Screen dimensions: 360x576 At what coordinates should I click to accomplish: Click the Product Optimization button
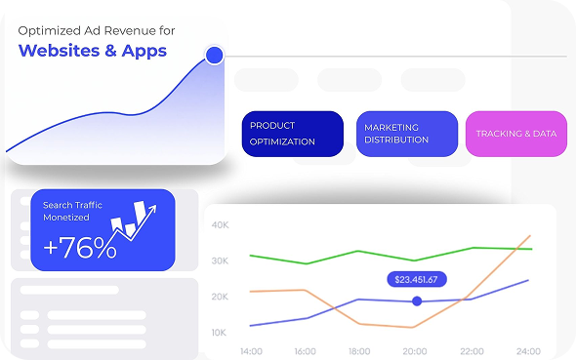(x=293, y=134)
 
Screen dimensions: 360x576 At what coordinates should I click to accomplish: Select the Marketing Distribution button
(x=407, y=134)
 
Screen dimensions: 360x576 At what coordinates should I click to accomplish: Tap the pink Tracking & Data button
(x=516, y=134)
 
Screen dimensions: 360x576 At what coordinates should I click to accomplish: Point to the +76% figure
(x=80, y=249)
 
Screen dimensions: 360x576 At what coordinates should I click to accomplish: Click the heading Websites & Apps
(x=93, y=51)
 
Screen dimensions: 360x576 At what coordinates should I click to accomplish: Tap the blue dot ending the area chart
(x=215, y=56)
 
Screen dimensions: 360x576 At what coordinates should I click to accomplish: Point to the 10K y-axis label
(x=219, y=332)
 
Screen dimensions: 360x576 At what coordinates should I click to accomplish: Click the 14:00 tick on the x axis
(x=250, y=350)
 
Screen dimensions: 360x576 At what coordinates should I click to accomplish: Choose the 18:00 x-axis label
(x=359, y=350)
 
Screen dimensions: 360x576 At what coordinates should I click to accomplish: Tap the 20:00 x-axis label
(x=415, y=350)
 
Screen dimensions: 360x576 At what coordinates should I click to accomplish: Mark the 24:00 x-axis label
(x=528, y=350)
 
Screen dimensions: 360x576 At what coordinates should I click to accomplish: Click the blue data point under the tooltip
(x=417, y=301)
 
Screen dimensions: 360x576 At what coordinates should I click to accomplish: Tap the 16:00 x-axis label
(x=305, y=350)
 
